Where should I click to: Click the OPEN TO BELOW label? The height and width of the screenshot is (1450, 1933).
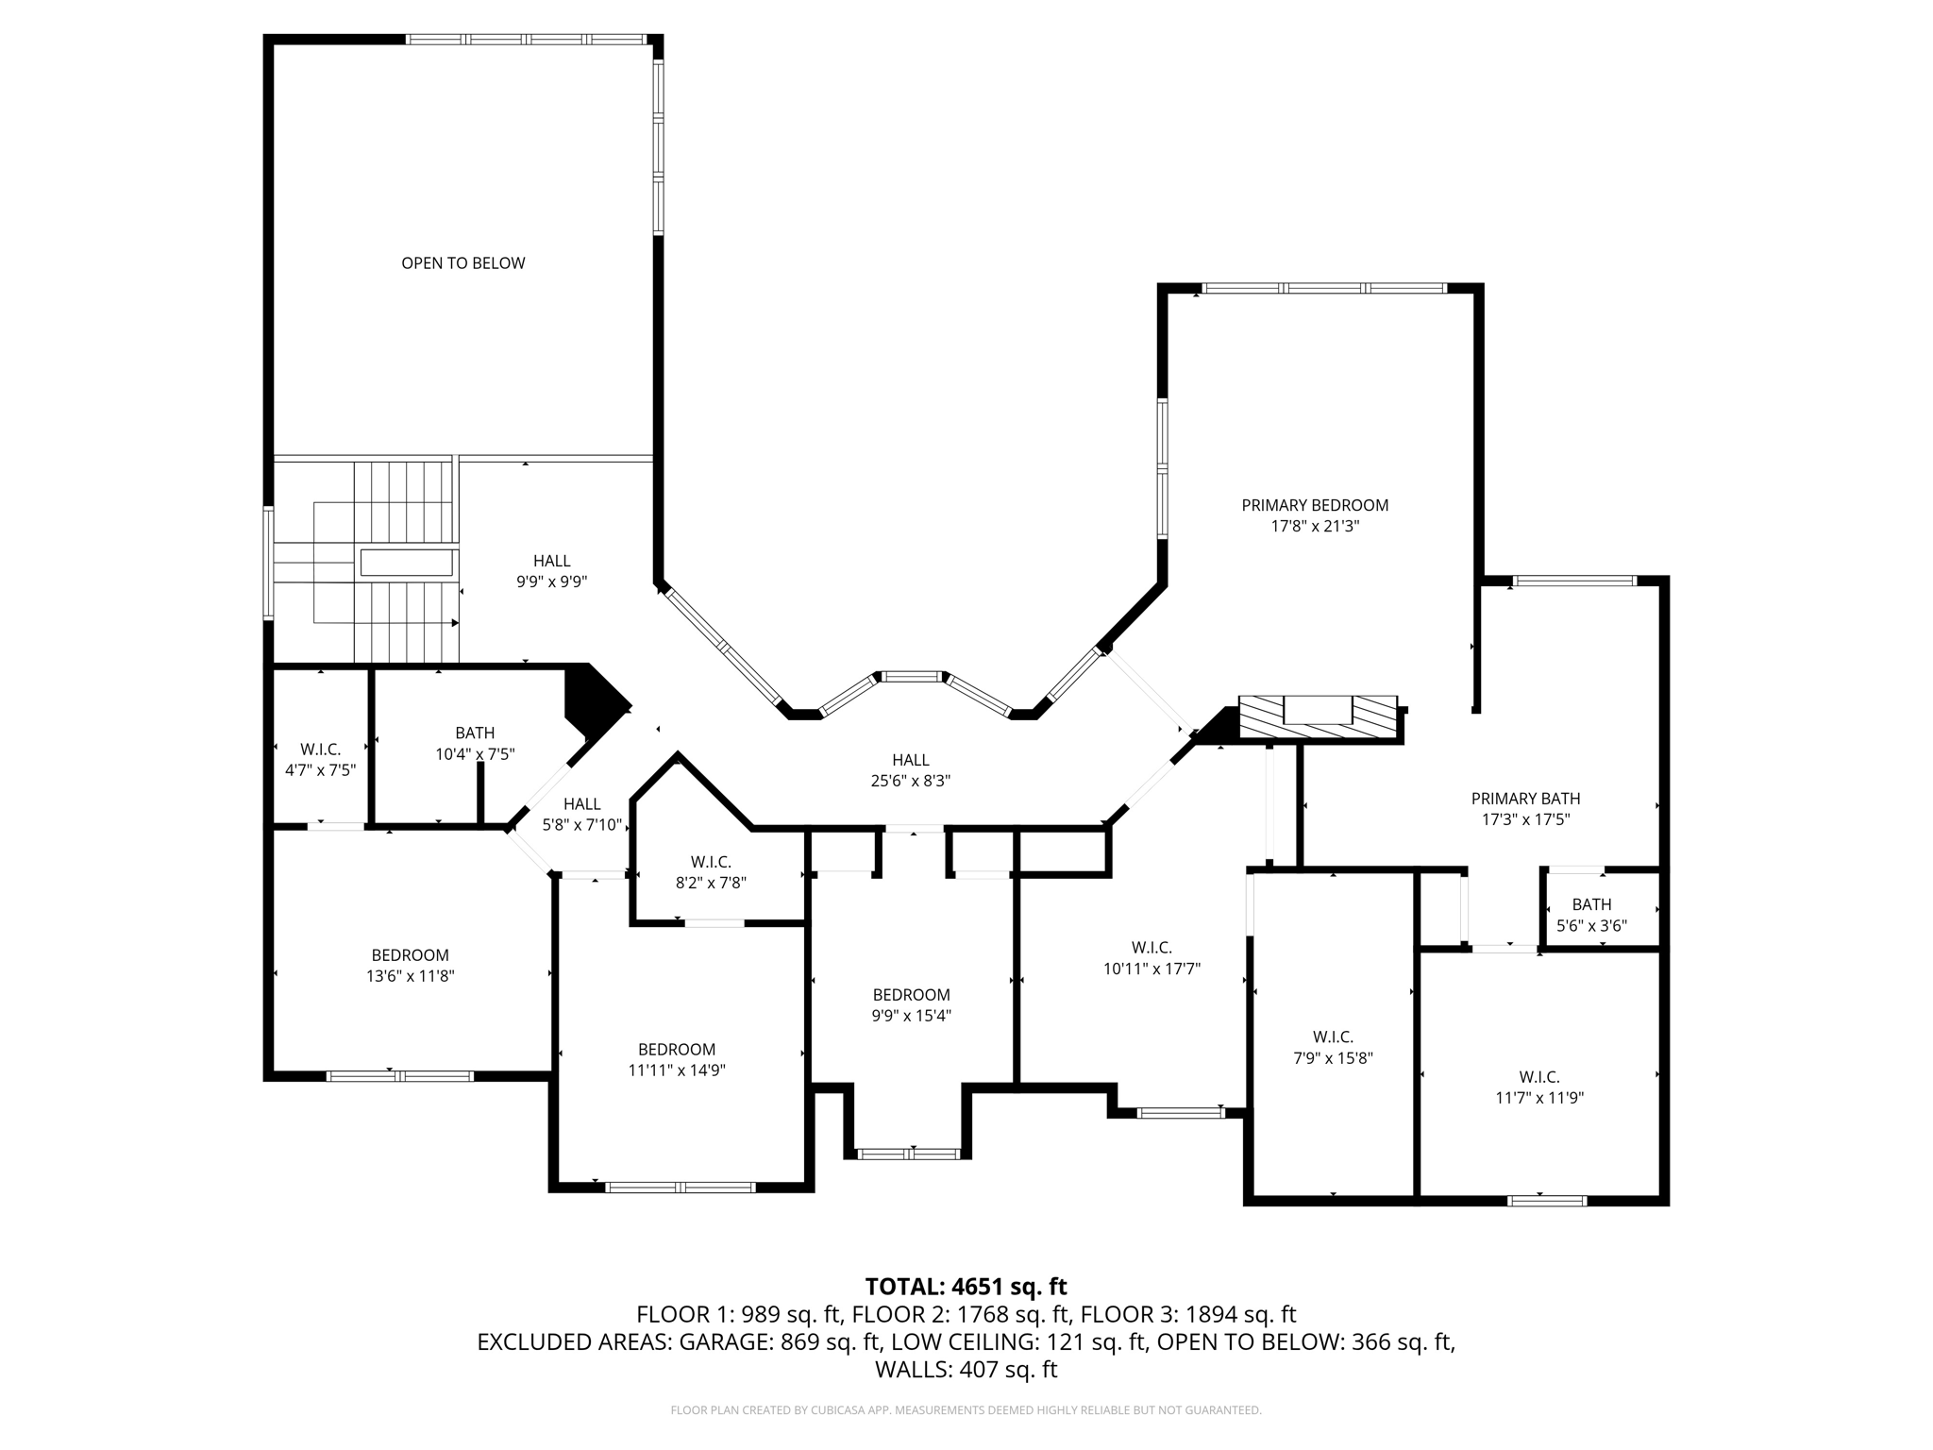[x=462, y=263]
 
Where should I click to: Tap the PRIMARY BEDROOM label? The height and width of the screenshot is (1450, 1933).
[x=1315, y=505]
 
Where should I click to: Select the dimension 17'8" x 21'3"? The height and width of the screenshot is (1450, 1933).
[x=1315, y=526]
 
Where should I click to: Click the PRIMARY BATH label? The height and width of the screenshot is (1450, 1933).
[x=1525, y=799]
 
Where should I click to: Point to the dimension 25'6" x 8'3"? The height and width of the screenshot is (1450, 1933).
[x=910, y=781]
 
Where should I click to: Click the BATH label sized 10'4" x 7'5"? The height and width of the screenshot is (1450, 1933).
[x=475, y=733]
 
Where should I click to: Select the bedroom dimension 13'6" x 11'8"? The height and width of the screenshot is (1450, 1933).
[x=411, y=976]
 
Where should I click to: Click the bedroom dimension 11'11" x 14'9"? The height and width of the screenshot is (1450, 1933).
[x=677, y=1070]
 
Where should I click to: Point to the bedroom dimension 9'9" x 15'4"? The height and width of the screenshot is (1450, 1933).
[x=911, y=1016]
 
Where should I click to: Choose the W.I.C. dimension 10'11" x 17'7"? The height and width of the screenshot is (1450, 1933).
[x=1151, y=968]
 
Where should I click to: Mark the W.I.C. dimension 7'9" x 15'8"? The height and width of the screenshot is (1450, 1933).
[x=1333, y=1058]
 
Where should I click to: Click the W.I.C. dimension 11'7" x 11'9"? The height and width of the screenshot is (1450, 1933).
[x=1538, y=1098]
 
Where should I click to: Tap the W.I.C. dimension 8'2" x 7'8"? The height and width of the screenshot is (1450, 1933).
[x=711, y=883]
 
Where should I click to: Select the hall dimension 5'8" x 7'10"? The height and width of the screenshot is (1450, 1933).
[x=581, y=825]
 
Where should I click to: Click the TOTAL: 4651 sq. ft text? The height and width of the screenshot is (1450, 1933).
[x=966, y=1287]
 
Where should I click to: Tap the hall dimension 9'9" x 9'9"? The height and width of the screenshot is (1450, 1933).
[x=551, y=582]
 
